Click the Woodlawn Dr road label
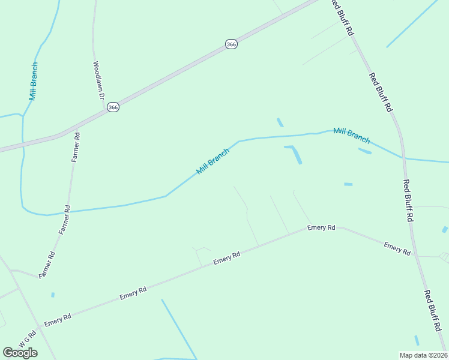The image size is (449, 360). (99, 80)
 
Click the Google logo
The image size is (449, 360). (20, 352)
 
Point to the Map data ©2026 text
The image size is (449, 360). (424, 355)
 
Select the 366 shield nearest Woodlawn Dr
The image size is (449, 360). (113, 107)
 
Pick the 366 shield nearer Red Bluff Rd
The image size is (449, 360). (231, 44)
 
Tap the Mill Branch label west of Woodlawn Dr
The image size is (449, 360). (34, 81)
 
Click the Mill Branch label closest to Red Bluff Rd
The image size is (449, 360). (351, 135)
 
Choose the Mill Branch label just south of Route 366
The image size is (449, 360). (213, 161)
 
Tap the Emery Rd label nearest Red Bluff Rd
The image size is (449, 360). (397, 248)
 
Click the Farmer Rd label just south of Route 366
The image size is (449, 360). (76, 147)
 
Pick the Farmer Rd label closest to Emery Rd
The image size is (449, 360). (47, 265)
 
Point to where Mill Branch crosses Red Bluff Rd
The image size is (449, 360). (402, 158)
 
